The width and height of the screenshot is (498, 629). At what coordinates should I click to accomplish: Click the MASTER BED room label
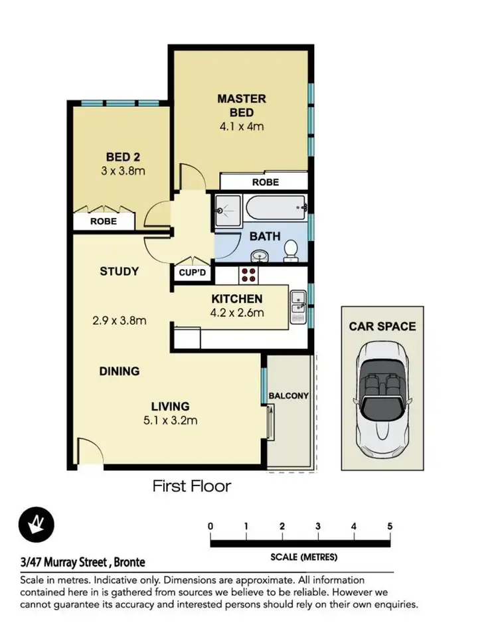pyautogui.click(x=242, y=106)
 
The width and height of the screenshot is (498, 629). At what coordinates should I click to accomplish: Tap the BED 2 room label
pyautogui.click(x=122, y=157)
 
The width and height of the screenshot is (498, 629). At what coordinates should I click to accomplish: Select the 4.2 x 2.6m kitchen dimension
pyautogui.click(x=238, y=313)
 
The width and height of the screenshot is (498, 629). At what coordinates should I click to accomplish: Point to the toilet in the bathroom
pyautogui.click(x=290, y=250)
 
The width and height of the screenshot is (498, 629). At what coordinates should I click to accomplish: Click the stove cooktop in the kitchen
pyautogui.click(x=249, y=274)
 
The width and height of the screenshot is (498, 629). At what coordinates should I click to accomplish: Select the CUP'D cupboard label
pyautogui.click(x=193, y=272)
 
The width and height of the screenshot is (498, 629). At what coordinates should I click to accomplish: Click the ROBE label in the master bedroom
pyautogui.click(x=265, y=182)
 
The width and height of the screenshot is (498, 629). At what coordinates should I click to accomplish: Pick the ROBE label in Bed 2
pyautogui.click(x=104, y=221)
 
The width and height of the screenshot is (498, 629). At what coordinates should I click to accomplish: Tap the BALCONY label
pyautogui.click(x=288, y=396)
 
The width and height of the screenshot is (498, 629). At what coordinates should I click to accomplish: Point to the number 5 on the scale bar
pyautogui.click(x=390, y=526)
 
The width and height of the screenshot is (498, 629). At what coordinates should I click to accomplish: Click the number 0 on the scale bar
pyautogui.click(x=210, y=526)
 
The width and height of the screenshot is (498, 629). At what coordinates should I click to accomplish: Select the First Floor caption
pyautogui.click(x=192, y=486)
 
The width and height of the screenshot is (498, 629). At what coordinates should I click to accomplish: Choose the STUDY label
pyautogui.click(x=120, y=271)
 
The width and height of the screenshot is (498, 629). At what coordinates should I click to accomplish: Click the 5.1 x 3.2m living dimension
pyautogui.click(x=170, y=420)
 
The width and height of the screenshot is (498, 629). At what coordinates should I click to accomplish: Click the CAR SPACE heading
pyautogui.click(x=382, y=326)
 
